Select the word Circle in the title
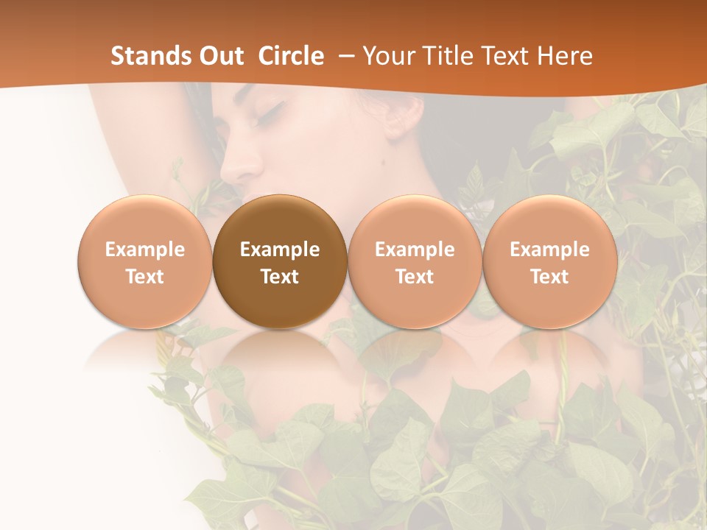291,56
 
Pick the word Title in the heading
448,56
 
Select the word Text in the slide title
506,56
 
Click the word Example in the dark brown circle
280,250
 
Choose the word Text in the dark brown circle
280,277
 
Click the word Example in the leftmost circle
144,250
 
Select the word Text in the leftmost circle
144,277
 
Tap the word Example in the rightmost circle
549,250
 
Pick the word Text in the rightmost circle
549,277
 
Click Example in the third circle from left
415,250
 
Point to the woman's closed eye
270,113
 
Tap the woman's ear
398,118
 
